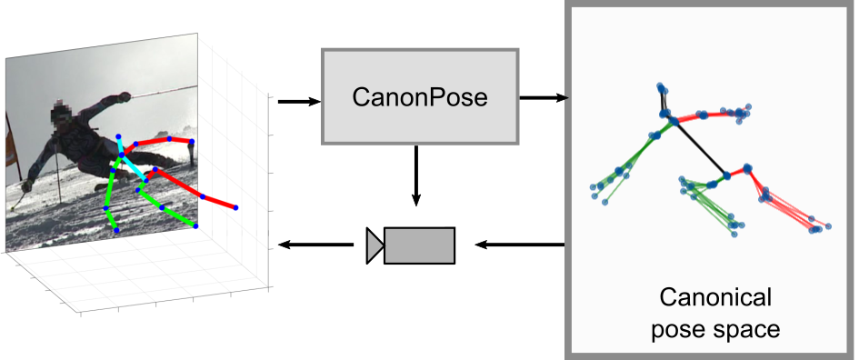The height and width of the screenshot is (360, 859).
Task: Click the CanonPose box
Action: (419, 96)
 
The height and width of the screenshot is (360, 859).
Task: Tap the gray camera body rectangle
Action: (419, 245)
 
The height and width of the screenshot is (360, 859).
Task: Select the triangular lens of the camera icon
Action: (375, 245)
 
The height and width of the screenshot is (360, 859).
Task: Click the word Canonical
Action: (714, 297)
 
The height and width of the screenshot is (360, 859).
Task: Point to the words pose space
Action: (714, 328)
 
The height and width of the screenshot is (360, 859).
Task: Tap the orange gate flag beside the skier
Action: (12, 145)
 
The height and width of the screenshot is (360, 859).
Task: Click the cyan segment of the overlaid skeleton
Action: (132, 165)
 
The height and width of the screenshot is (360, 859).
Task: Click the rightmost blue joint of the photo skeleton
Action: (236, 208)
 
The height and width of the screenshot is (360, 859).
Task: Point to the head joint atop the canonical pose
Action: (663, 88)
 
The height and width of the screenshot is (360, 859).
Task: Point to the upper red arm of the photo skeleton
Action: (164, 142)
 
